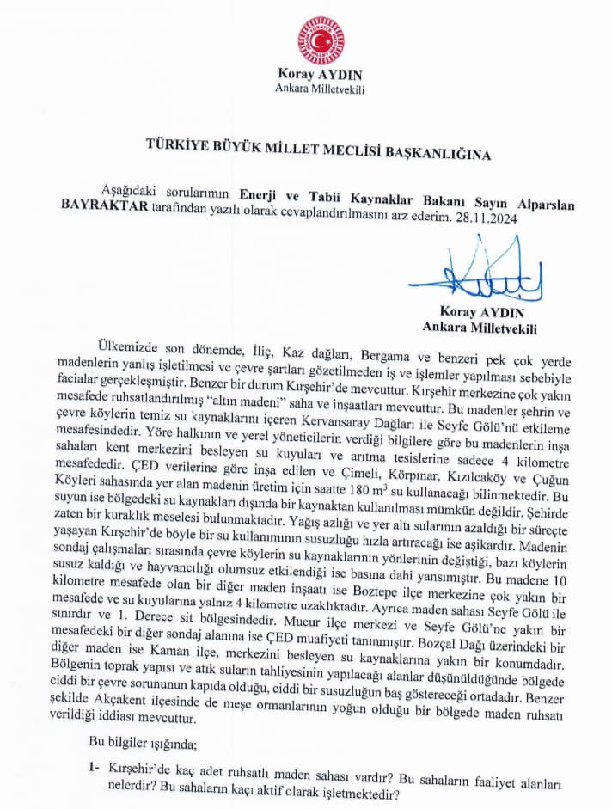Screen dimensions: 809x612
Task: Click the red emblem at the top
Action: [321, 40]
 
